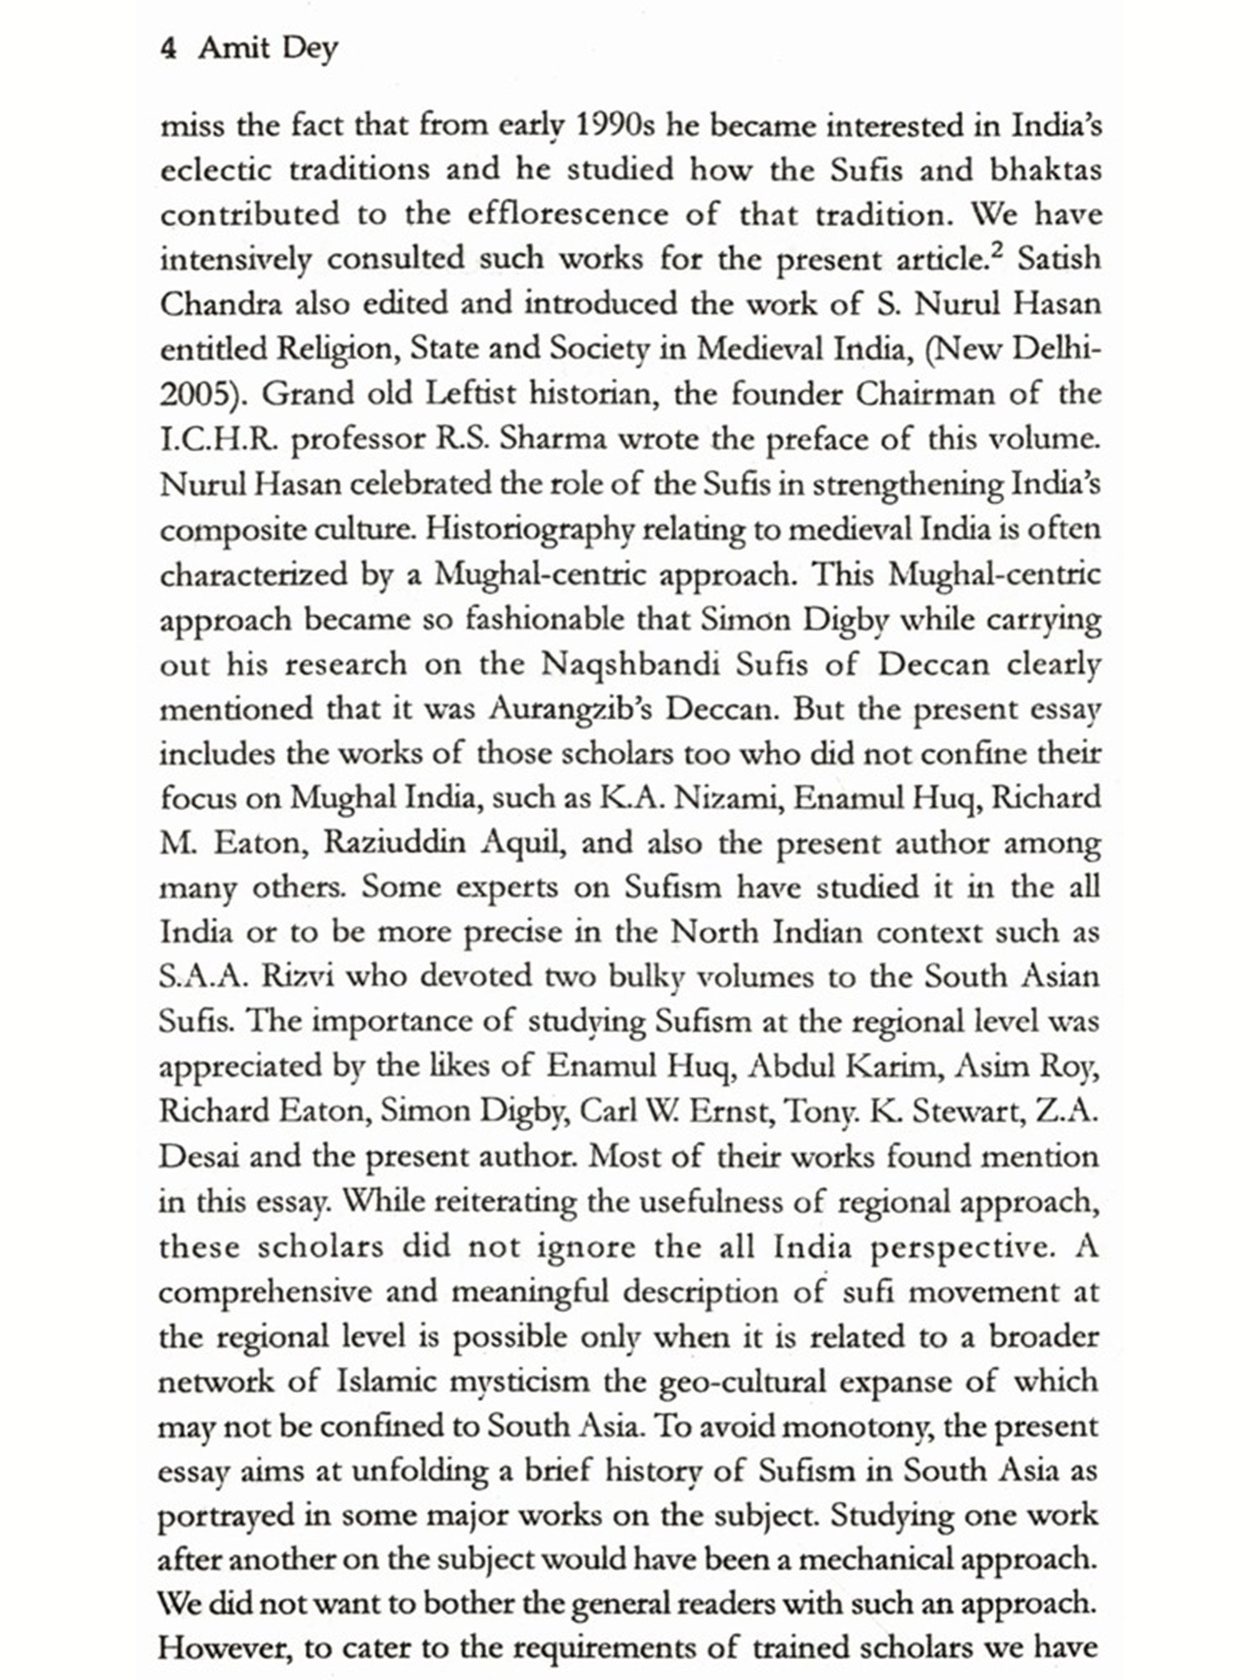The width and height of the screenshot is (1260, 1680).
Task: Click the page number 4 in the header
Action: (x=168, y=49)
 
